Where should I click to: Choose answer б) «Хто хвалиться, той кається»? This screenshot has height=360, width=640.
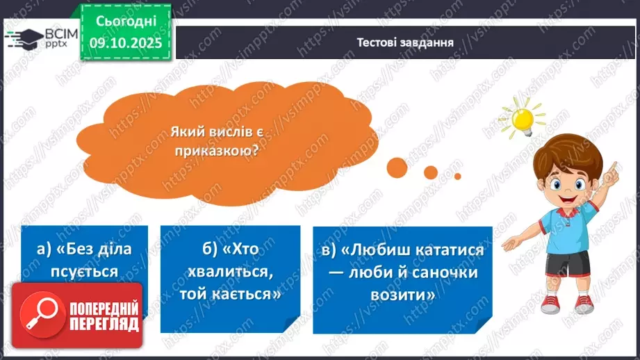point(230,272)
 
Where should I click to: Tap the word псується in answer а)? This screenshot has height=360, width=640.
point(85,271)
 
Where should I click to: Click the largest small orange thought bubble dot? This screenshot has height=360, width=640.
point(397,167)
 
